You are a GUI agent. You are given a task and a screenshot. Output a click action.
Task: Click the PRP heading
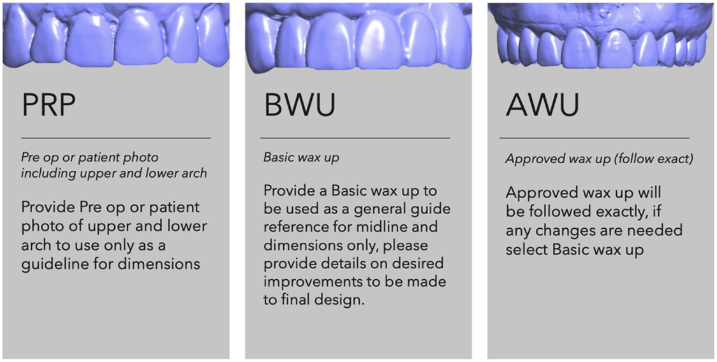(x=48, y=105)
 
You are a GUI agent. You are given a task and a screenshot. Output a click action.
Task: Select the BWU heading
(x=300, y=105)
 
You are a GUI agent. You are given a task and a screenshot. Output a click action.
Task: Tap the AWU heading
(x=542, y=105)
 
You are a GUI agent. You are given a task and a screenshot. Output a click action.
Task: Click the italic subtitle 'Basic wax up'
(x=301, y=157)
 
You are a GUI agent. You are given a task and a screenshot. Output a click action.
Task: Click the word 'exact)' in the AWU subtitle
(x=679, y=159)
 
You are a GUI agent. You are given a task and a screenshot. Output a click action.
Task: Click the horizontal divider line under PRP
(x=116, y=138)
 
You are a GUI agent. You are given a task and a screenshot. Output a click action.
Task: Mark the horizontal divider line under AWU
(x=595, y=138)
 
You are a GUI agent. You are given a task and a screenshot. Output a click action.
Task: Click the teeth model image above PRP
(x=116, y=35)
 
